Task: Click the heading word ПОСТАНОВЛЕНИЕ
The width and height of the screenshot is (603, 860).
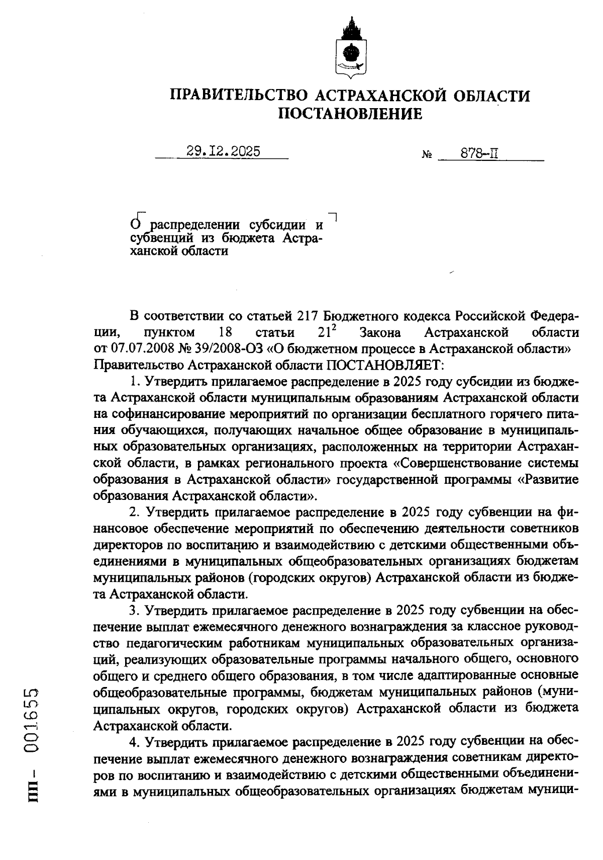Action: [350, 114]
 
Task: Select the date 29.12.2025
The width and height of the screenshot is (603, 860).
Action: [223, 151]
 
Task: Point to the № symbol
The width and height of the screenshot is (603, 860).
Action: [427, 155]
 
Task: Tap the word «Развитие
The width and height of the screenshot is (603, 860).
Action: [548, 479]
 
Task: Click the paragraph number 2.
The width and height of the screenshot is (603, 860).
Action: [134, 512]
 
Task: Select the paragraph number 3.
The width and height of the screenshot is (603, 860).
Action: [134, 610]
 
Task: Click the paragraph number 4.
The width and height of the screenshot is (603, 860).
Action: [134, 741]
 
